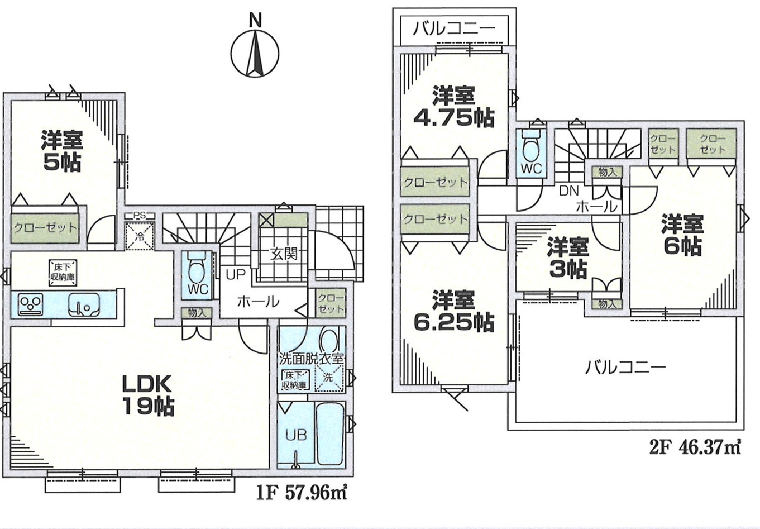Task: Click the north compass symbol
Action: pyautogui.click(x=255, y=47)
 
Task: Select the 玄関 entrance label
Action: pyautogui.click(x=284, y=254)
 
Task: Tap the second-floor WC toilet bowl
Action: pyautogui.click(x=532, y=149)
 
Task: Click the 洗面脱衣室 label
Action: pyautogui.click(x=312, y=359)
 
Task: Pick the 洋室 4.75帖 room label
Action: pyautogui.click(x=453, y=106)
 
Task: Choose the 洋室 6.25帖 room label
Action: pyautogui.click(x=453, y=311)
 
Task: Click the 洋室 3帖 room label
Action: pyautogui.click(x=568, y=259)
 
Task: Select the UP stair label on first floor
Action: pyautogui.click(x=236, y=274)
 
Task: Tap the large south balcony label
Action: pyautogui.click(x=625, y=368)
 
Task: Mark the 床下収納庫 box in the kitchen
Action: pyautogui.click(x=63, y=273)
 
